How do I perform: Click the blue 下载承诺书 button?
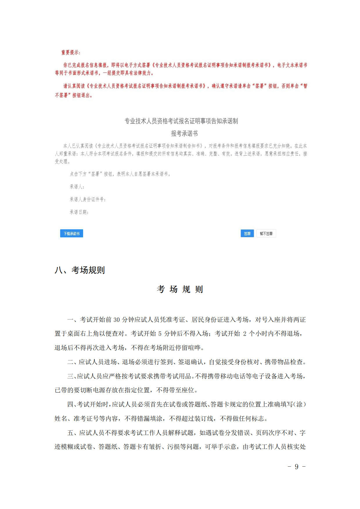click(71, 234)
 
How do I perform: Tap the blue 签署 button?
click(247, 234)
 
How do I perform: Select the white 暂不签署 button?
click(266, 234)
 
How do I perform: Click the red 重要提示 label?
click(71, 53)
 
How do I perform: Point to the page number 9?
click(296, 466)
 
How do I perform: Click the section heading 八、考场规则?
click(80, 270)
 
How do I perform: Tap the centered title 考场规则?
click(180, 289)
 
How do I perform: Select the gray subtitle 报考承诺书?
click(184, 133)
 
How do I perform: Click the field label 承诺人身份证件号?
click(87, 199)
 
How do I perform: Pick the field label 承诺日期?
click(79, 212)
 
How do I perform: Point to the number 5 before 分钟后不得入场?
click(160, 334)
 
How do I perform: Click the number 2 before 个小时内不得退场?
click(245, 334)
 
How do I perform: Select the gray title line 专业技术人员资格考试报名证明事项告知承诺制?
click(181, 121)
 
